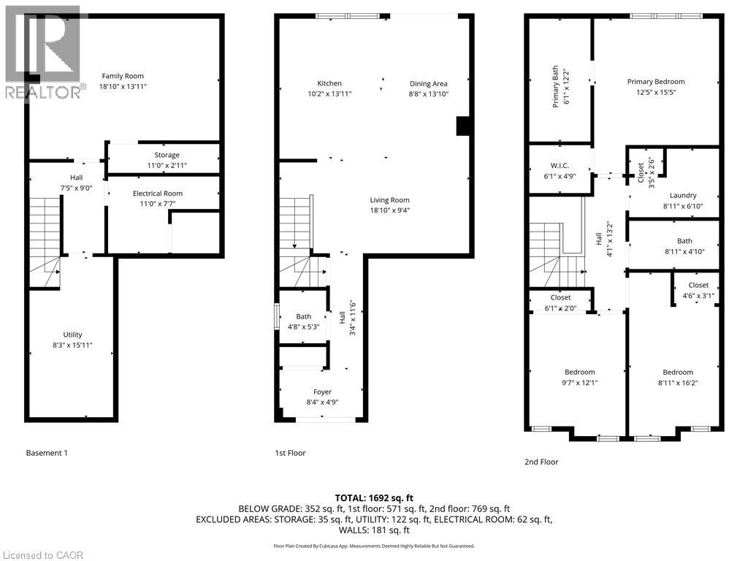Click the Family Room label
tap(123, 76)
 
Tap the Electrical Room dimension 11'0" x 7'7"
tap(157, 204)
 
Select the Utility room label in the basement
tap(72, 335)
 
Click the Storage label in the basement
tap(167, 155)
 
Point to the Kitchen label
tap(329, 83)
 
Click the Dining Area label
tap(428, 83)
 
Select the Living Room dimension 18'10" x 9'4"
tap(389, 210)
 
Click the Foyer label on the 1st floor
tap(322, 392)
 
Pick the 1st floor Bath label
tap(303, 316)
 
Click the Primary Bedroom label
tap(656, 82)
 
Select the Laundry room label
tap(683, 195)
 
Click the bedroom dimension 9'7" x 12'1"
tap(579, 382)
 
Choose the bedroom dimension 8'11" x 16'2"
tap(678, 382)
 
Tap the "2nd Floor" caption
tap(541, 462)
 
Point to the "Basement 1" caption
tap(47, 453)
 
